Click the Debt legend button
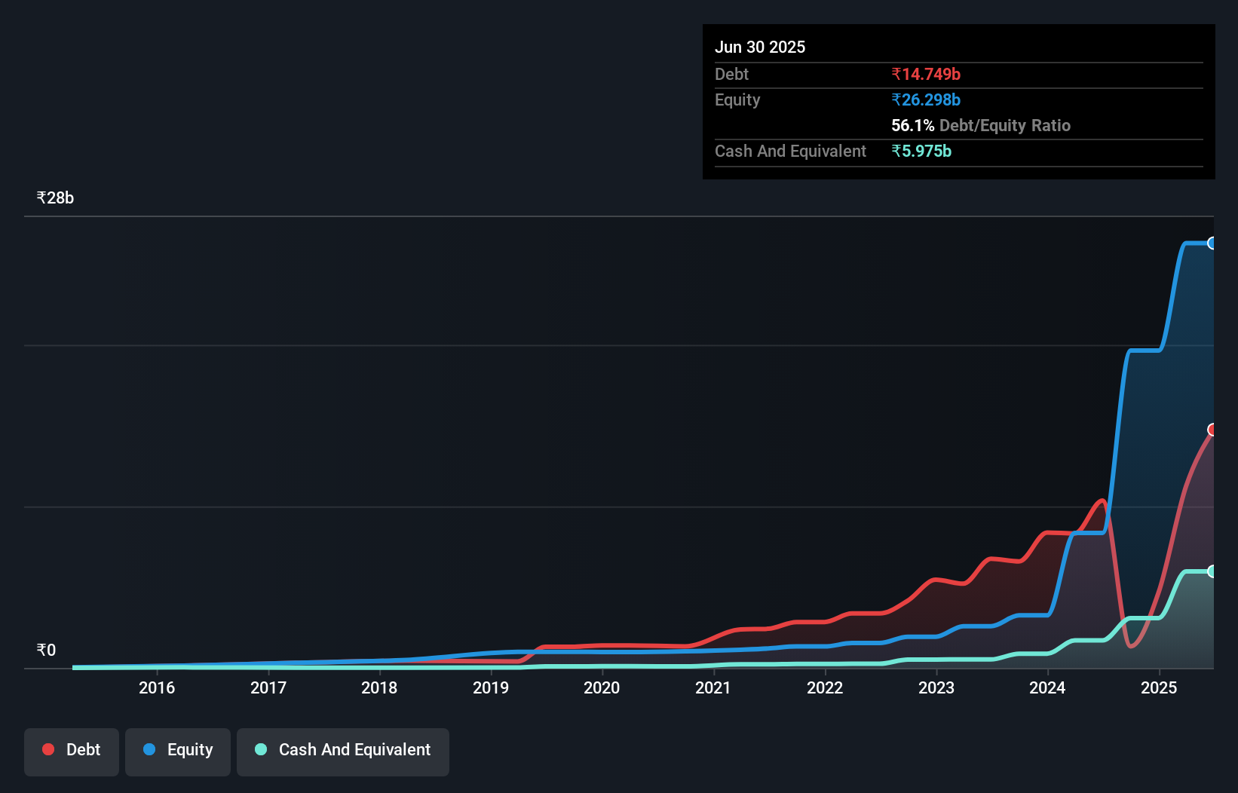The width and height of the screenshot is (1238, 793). [72, 751]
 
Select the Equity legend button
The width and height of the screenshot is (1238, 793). [178, 751]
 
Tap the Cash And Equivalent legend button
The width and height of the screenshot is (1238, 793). [343, 751]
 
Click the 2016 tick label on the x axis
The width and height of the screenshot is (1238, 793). [157, 687]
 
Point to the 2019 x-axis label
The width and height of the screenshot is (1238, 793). [491, 687]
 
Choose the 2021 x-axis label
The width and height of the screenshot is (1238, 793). [713, 687]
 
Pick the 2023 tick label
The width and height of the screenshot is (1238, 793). [936, 687]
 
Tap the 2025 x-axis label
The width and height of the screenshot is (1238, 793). [1159, 687]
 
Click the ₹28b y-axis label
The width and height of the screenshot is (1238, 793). [55, 198]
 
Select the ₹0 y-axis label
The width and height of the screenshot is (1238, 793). [46, 651]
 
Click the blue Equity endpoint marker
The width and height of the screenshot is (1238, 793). [1212, 243]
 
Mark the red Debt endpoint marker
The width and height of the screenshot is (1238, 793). [1212, 430]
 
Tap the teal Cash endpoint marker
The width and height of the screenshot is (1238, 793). [1212, 571]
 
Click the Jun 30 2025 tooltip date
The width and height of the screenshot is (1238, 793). [760, 47]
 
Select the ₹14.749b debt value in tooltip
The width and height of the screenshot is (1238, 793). [926, 74]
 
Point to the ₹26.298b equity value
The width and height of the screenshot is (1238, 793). [926, 100]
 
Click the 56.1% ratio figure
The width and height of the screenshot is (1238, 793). [912, 125]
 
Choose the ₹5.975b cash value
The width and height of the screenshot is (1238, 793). [921, 151]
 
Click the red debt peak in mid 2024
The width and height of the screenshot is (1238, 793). [1102, 501]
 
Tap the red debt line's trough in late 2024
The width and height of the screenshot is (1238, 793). [1131, 646]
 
